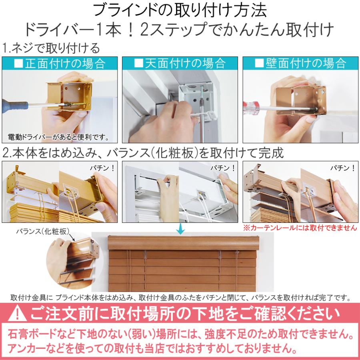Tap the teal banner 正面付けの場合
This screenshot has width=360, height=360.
[x=60, y=64]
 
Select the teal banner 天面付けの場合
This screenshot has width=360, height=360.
[x=180, y=64]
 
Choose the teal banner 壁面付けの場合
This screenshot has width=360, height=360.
[x=300, y=64]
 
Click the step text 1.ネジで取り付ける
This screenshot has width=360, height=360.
[x=51, y=49]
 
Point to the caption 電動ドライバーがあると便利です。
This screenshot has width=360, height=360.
[x=58, y=138]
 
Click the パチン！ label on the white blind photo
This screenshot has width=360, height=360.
[x=222, y=168]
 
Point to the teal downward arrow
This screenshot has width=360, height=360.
[x=180, y=229]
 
